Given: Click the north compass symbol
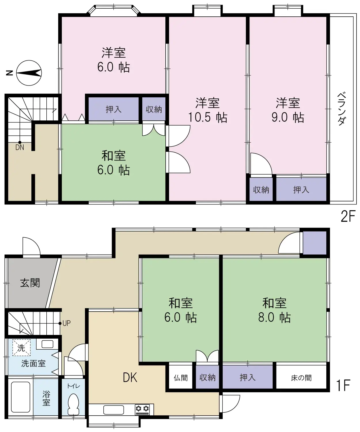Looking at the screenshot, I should tap(29, 73).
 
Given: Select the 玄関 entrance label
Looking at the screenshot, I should tap(30, 283).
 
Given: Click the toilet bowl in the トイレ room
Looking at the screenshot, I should tap(74, 403).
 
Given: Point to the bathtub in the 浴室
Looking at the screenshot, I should tap(20, 397).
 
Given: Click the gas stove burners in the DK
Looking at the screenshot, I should tap(143, 409).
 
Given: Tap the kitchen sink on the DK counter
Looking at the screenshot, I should tap(113, 410).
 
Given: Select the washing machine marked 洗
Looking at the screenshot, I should tap(21, 348).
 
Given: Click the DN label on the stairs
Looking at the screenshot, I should tap(20, 147).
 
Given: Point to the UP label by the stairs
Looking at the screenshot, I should tap(66, 323).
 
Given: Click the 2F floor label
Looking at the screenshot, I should tap(348, 216).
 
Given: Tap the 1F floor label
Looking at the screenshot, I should tap(343, 385).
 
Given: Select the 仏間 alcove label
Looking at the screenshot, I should tap(181, 378).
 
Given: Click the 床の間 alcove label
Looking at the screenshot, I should tap(301, 378).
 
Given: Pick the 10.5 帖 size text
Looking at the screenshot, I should tap(207, 118).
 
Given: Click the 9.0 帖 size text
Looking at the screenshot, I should tap(288, 118).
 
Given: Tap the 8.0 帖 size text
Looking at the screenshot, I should tap(274, 317).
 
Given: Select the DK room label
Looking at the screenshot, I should tap(130, 377).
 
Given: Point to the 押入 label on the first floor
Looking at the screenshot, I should tap(247, 378).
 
